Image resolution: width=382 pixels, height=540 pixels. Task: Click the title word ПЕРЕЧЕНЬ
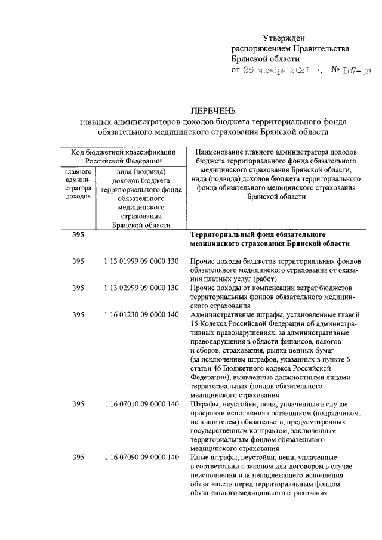(x=213, y=110)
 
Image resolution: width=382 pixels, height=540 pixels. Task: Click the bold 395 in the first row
(x=78, y=235)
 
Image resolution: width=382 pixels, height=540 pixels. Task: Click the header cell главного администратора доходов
(x=78, y=183)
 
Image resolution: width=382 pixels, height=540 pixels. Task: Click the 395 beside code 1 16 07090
(x=78, y=457)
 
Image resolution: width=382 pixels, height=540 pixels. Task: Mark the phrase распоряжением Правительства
(x=290, y=48)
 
